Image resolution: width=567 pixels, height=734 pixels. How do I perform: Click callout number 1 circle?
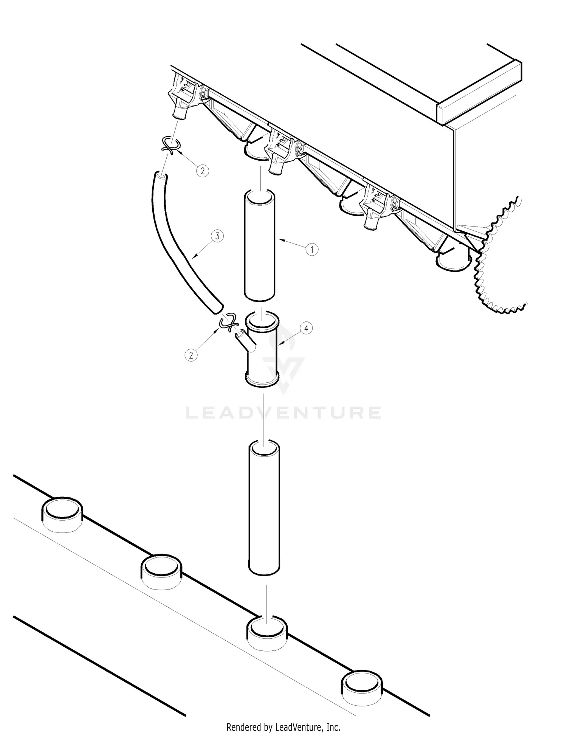pyautogui.click(x=312, y=250)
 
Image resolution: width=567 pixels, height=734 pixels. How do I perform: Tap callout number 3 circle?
pyautogui.click(x=217, y=236)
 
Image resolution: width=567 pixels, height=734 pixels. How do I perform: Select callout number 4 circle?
pyautogui.click(x=306, y=328)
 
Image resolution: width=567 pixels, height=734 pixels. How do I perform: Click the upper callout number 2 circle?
pyautogui.click(x=203, y=171)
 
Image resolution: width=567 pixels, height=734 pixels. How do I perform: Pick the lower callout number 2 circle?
pyautogui.click(x=191, y=355)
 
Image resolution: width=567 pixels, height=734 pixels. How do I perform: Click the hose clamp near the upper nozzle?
pyautogui.click(x=170, y=146)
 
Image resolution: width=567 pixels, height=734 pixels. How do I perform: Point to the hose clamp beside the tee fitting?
pyautogui.click(x=228, y=323)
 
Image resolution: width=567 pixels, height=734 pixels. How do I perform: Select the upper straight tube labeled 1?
pyautogui.click(x=259, y=246)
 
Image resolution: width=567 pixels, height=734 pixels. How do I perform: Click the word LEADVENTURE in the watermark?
pyautogui.click(x=283, y=413)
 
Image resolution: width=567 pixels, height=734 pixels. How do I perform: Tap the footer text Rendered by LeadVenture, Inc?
pyautogui.click(x=283, y=727)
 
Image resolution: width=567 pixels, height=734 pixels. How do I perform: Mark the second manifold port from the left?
pyautogui.click(x=161, y=572)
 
